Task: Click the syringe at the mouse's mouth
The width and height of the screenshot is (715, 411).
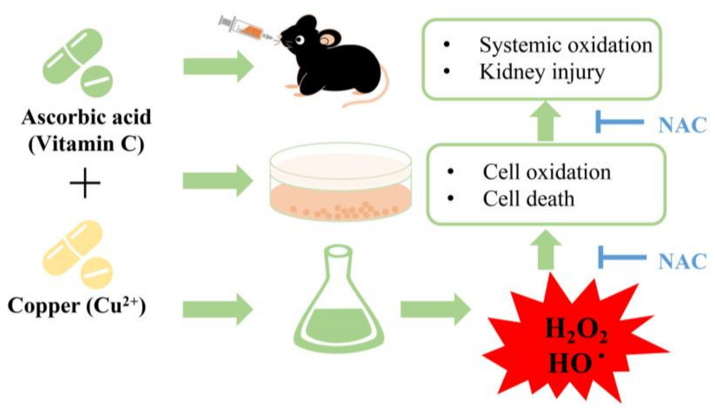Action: [247, 29]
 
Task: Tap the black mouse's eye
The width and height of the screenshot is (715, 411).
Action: [299, 39]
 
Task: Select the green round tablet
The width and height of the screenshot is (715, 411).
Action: [96, 81]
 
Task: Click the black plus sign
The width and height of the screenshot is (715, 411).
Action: [85, 183]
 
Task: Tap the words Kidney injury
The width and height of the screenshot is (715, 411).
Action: [542, 72]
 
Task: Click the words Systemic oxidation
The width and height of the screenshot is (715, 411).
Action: [565, 45]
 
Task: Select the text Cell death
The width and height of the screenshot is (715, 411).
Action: [528, 199]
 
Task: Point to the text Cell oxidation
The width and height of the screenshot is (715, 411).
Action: [547, 172]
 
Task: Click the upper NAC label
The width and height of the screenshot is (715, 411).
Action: [682, 125]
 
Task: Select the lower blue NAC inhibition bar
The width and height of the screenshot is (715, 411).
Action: [621, 257]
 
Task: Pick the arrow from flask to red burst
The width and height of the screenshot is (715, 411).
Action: [435, 310]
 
